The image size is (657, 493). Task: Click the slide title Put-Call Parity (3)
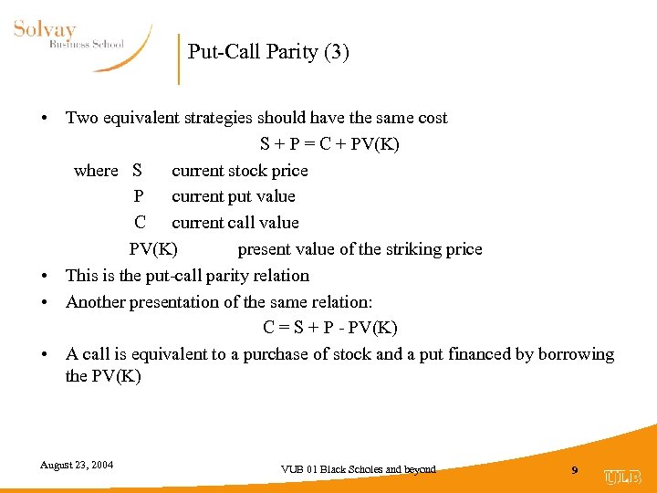point(268,51)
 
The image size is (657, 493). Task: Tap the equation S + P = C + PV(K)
point(329,144)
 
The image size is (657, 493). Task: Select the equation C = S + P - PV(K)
point(329,328)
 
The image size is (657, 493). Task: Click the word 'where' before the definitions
point(96,171)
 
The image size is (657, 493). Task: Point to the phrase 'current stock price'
point(240,171)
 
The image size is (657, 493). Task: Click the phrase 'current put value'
point(234,196)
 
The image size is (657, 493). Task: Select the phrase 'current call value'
point(235,223)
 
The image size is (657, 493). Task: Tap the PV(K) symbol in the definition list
point(153,249)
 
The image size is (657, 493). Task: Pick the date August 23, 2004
point(77,465)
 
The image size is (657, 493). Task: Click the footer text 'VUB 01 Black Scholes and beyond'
point(359,469)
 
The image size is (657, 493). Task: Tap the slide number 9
point(574,470)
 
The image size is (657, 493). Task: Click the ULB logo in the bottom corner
point(622,477)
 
